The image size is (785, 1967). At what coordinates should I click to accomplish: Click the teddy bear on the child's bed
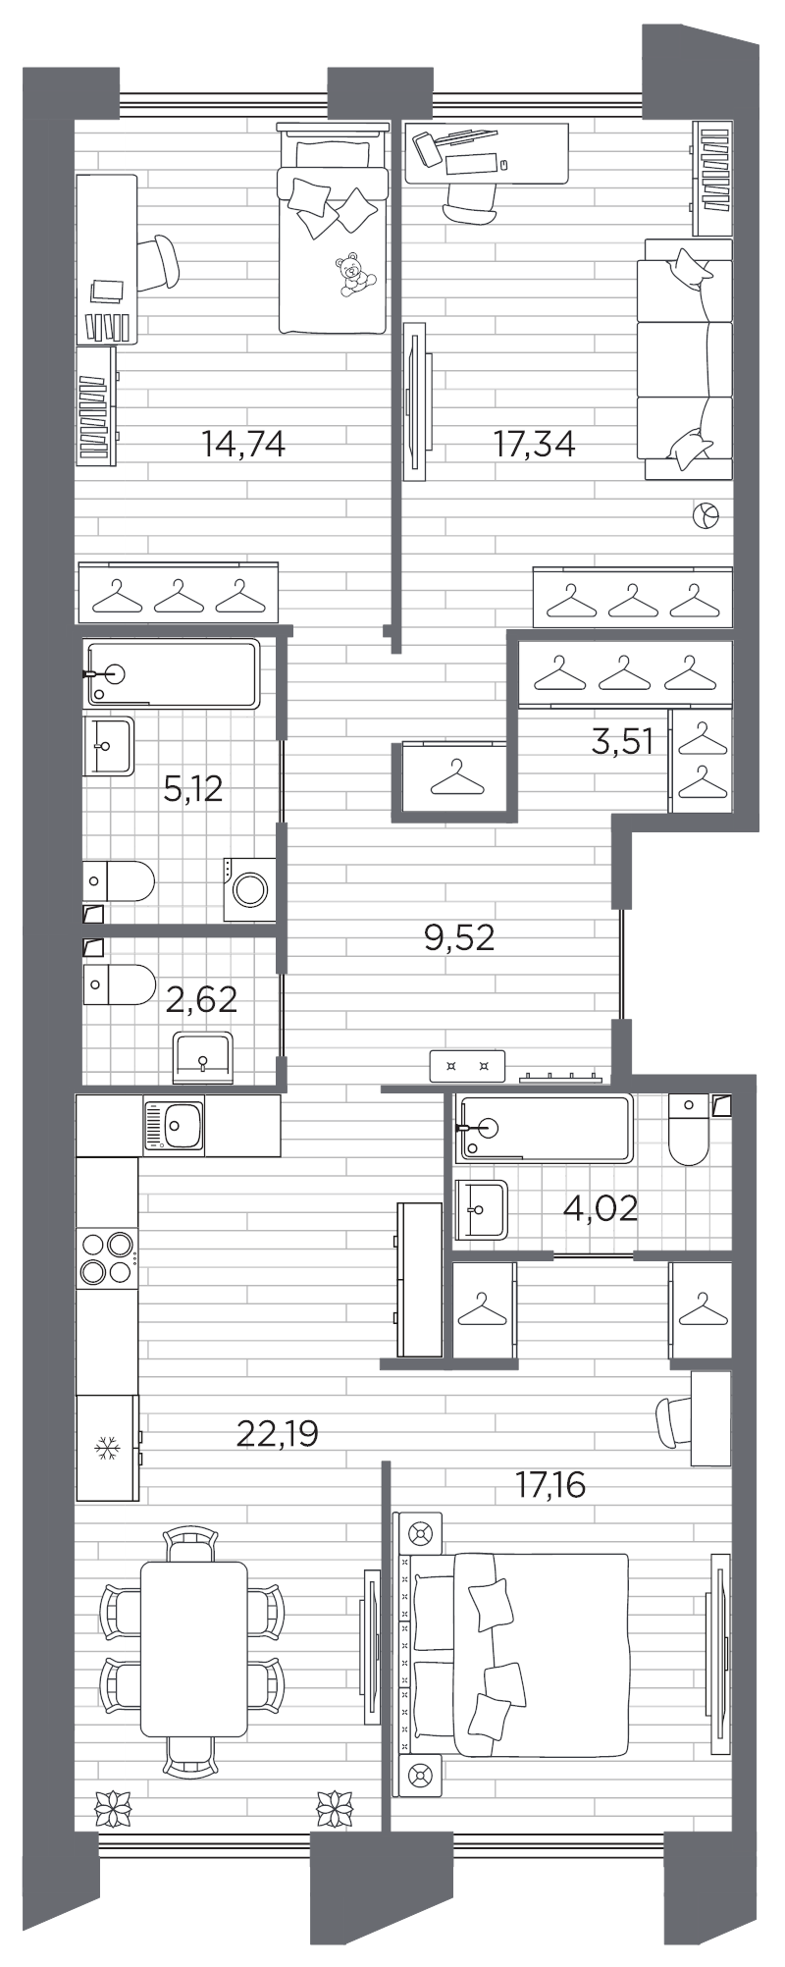[352, 274]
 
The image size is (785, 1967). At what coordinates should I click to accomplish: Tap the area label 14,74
[242, 445]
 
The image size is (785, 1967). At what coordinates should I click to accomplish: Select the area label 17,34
[534, 444]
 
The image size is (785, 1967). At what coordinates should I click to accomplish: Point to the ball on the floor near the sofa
[706, 515]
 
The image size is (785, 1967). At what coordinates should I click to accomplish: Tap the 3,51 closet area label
[622, 742]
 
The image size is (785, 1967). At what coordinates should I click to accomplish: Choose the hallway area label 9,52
[458, 938]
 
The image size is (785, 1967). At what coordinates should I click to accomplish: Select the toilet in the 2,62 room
[120, 983]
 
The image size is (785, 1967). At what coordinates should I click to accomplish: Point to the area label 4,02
[601, 1207]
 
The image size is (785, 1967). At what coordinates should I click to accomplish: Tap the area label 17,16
[550, 1485]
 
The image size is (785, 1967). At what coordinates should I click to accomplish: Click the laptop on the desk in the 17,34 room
[429, 148]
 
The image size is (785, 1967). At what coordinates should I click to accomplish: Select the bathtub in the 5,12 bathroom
[173, 673]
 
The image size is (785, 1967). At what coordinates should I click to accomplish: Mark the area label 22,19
[278, 1434]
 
